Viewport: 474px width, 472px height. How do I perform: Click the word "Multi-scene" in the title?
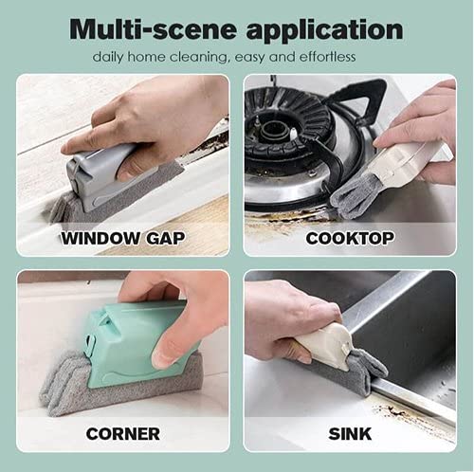pyautogui.click(x=153, y=29)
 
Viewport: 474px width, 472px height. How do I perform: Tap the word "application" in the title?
pyautogui.click(x=324, y=30)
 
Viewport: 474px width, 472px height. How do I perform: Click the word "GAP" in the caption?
pyautogui.click(x=165, y=238)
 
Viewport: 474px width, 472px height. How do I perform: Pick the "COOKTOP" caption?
pyautogui.click(x=350, y=238)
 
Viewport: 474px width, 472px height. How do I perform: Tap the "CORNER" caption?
pyautogui.click(x=123, y=433)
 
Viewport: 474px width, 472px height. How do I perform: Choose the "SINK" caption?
pyautogui.click(x=350, y=433)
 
